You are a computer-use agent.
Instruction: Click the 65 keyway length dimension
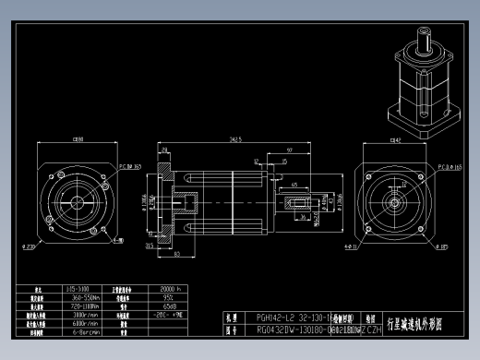click(x=294, y=186)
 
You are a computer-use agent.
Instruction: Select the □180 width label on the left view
click(x=77, y=139)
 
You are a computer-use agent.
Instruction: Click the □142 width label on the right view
click(x=395, y=140)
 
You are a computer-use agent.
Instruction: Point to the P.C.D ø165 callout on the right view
click(x=450, y=168)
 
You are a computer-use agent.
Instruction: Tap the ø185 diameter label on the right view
click(x=442, y=247)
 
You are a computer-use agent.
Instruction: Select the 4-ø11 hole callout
click(x=351, y=247)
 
